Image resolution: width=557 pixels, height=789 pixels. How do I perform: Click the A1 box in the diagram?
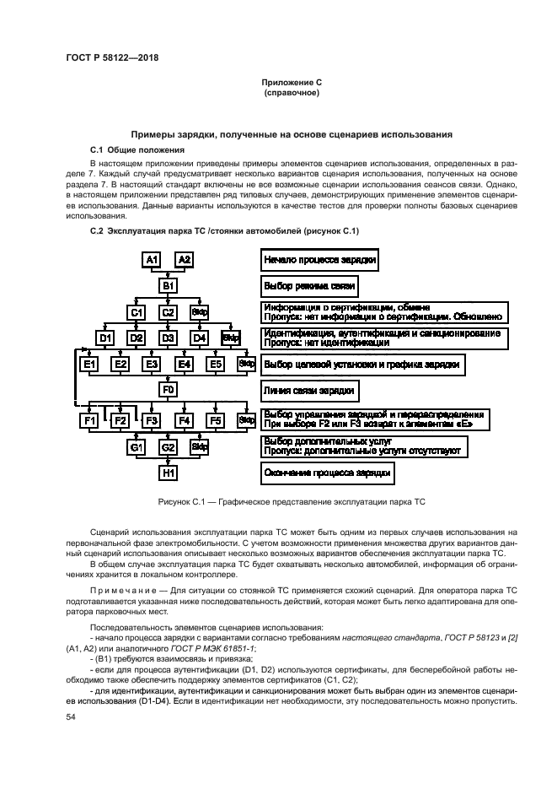(152, 260)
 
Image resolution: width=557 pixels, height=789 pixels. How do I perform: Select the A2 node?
(184, 260)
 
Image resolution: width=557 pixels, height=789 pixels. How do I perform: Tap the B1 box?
(168, 286)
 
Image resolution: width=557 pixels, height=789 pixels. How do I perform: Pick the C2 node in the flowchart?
(168, 312)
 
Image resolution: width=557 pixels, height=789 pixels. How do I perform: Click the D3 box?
(168, 338)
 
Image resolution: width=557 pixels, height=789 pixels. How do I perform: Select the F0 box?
(168, 390)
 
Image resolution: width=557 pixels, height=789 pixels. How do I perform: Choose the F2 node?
(121, 419)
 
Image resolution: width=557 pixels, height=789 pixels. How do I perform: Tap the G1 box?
(137, 446)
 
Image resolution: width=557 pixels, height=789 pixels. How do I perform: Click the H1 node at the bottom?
(168, 473)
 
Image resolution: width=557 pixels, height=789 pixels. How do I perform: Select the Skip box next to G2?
(200, 446)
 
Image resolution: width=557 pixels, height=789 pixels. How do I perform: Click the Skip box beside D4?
(230, 338)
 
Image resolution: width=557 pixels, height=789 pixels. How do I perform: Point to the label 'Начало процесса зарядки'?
(319, 260)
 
